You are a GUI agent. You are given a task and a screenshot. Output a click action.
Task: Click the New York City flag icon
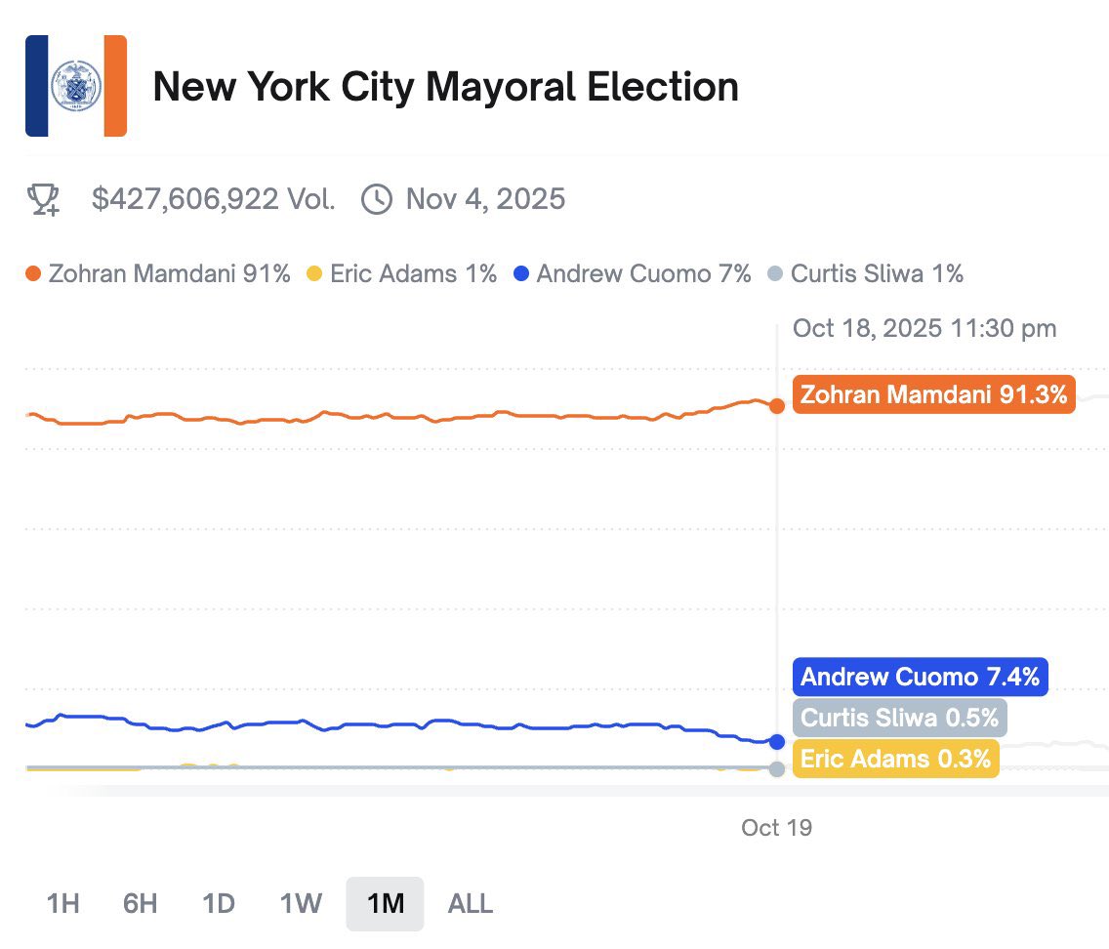click(x=76, y=86)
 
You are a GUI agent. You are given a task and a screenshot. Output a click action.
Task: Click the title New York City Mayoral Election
click(x=445, y=87)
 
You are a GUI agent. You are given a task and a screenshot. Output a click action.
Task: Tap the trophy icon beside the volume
click(x=43, y=199)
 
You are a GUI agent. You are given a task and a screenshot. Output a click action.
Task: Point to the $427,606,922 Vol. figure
click(x=214, y=199)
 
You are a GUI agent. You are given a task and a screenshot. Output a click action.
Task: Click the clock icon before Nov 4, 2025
click(x=376, y=199)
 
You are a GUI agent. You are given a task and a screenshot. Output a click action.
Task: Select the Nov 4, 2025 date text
click(x=485, y=199)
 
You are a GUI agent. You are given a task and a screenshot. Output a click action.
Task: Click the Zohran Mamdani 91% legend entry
click(x=158, y=274)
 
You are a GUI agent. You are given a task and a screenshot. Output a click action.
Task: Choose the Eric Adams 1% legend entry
click(x=402, y=274)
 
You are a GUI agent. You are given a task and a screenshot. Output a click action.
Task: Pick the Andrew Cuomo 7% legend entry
click(x=633, y=274)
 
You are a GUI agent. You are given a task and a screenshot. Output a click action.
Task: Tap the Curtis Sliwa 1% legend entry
click(x=866, y=274)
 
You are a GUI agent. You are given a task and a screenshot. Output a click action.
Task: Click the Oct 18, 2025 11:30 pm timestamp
click(x=924, y=328)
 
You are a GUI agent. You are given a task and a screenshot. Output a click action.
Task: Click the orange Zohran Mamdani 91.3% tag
click(x=933, y=394)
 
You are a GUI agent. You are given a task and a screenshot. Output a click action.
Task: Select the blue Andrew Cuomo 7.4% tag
click(x=920, y=677)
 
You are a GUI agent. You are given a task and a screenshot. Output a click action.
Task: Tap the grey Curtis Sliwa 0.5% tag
click(x=899, y=718)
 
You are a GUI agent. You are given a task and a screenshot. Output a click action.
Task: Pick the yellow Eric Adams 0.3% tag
click(x=895, y=758)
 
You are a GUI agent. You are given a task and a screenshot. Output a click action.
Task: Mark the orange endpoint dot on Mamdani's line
click(x=777, y=405)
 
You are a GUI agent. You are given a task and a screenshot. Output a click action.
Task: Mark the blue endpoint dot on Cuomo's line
click(x=777, y=742)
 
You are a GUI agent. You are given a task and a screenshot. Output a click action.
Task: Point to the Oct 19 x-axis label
click(x=776, y=828)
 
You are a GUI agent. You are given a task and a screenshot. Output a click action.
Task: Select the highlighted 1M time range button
click(x=385, y=903)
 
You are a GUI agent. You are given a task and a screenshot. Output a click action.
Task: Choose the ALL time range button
click(x=470, y=903)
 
